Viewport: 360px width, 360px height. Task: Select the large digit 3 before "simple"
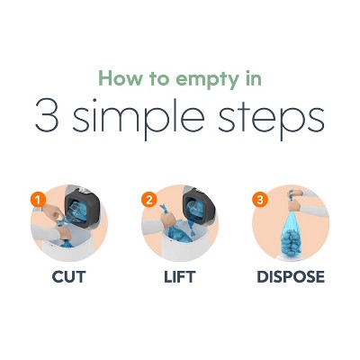[47, 115]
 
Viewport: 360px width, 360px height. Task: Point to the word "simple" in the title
[139, 119]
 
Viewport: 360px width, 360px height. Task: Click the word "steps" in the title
[272, 119]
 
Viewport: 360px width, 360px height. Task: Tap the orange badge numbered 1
[38, 199]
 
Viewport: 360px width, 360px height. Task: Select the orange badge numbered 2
[149, 199]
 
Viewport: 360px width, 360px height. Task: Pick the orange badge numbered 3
[260, 199]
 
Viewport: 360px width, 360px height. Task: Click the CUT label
[68, 277]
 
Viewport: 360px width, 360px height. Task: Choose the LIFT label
[180, 277]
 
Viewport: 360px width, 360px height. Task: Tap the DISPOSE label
[291, 277]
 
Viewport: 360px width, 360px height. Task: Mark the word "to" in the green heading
[161, 78]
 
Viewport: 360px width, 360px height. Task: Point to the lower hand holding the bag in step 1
[64, 233]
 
